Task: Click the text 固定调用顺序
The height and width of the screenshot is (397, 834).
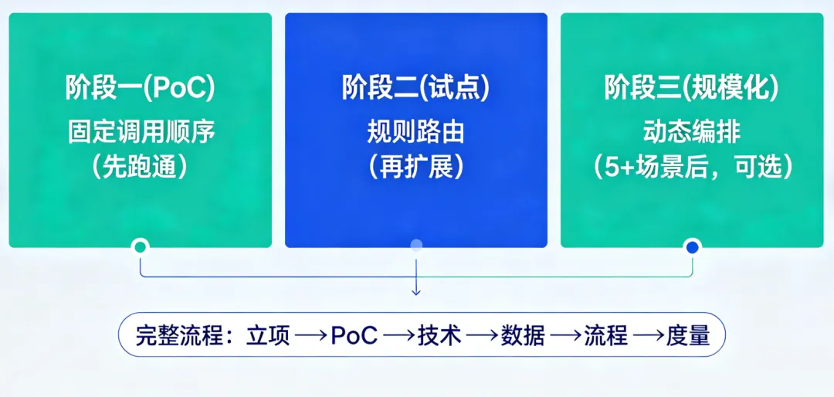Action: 140,132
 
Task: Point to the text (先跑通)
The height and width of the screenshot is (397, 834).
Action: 140,168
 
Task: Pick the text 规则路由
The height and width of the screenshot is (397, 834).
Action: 416,132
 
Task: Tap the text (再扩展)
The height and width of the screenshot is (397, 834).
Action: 416,168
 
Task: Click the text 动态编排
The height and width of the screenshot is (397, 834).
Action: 691,132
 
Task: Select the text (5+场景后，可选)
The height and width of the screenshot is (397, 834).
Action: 691,168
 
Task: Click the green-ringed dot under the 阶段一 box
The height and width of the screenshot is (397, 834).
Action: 140,247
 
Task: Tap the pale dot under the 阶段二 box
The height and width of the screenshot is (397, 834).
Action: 416,246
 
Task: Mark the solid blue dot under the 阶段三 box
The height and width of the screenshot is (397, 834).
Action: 692,247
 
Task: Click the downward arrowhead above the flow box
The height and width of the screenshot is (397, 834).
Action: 416,291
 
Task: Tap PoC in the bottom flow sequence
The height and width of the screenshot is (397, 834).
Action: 354,336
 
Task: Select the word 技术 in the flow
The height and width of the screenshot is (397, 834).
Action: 439,336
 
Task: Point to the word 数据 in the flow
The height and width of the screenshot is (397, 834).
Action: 523,336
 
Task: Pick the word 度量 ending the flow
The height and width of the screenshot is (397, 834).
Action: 688,336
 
